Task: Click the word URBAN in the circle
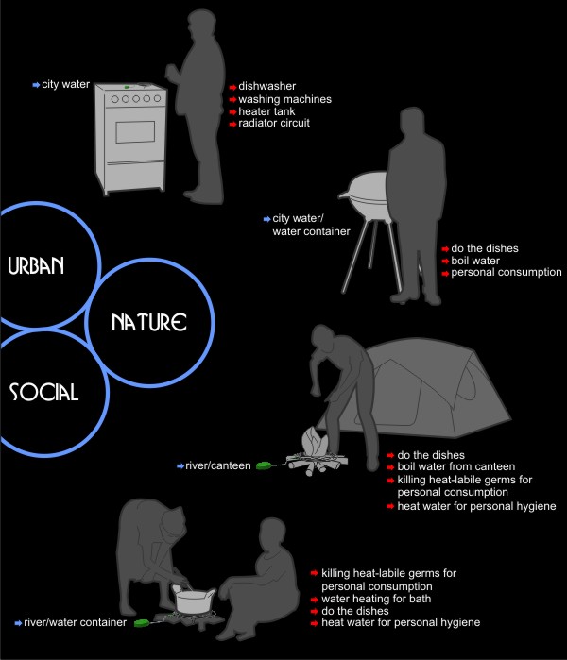tap(36, 265)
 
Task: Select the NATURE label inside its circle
tap(149, 322)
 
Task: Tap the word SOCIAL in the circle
tap(43, 392)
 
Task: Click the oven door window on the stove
tap(135, 132)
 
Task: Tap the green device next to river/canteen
tap(264, 465)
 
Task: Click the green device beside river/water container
tap(142, 622)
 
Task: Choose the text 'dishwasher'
tap(267, 86)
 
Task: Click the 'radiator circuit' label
tap(274, 123)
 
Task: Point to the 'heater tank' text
tap(266, 111)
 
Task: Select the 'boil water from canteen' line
tap(456, 466)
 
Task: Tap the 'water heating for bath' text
tap(376, 599)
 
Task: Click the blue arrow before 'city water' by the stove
tap(36, 85)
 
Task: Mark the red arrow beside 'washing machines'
tap(233, 100)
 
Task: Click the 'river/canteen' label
tap(217, 465)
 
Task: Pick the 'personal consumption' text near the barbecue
tap(507, 272)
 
